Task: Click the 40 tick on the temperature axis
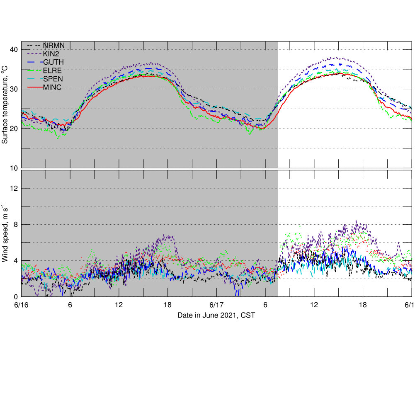[x=13, y=49]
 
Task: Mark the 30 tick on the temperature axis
[x=13, y=89]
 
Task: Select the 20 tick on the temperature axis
[x=13, y=129]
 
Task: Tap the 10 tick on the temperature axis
[x=13, y=168]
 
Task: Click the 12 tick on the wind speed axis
[x=13, y=188]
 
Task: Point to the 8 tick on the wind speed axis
[x=15, y=224]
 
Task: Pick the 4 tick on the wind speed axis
[x=15, y=260]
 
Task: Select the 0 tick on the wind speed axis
[x=15, y=296]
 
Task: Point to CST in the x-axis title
[x=248, y=315]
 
